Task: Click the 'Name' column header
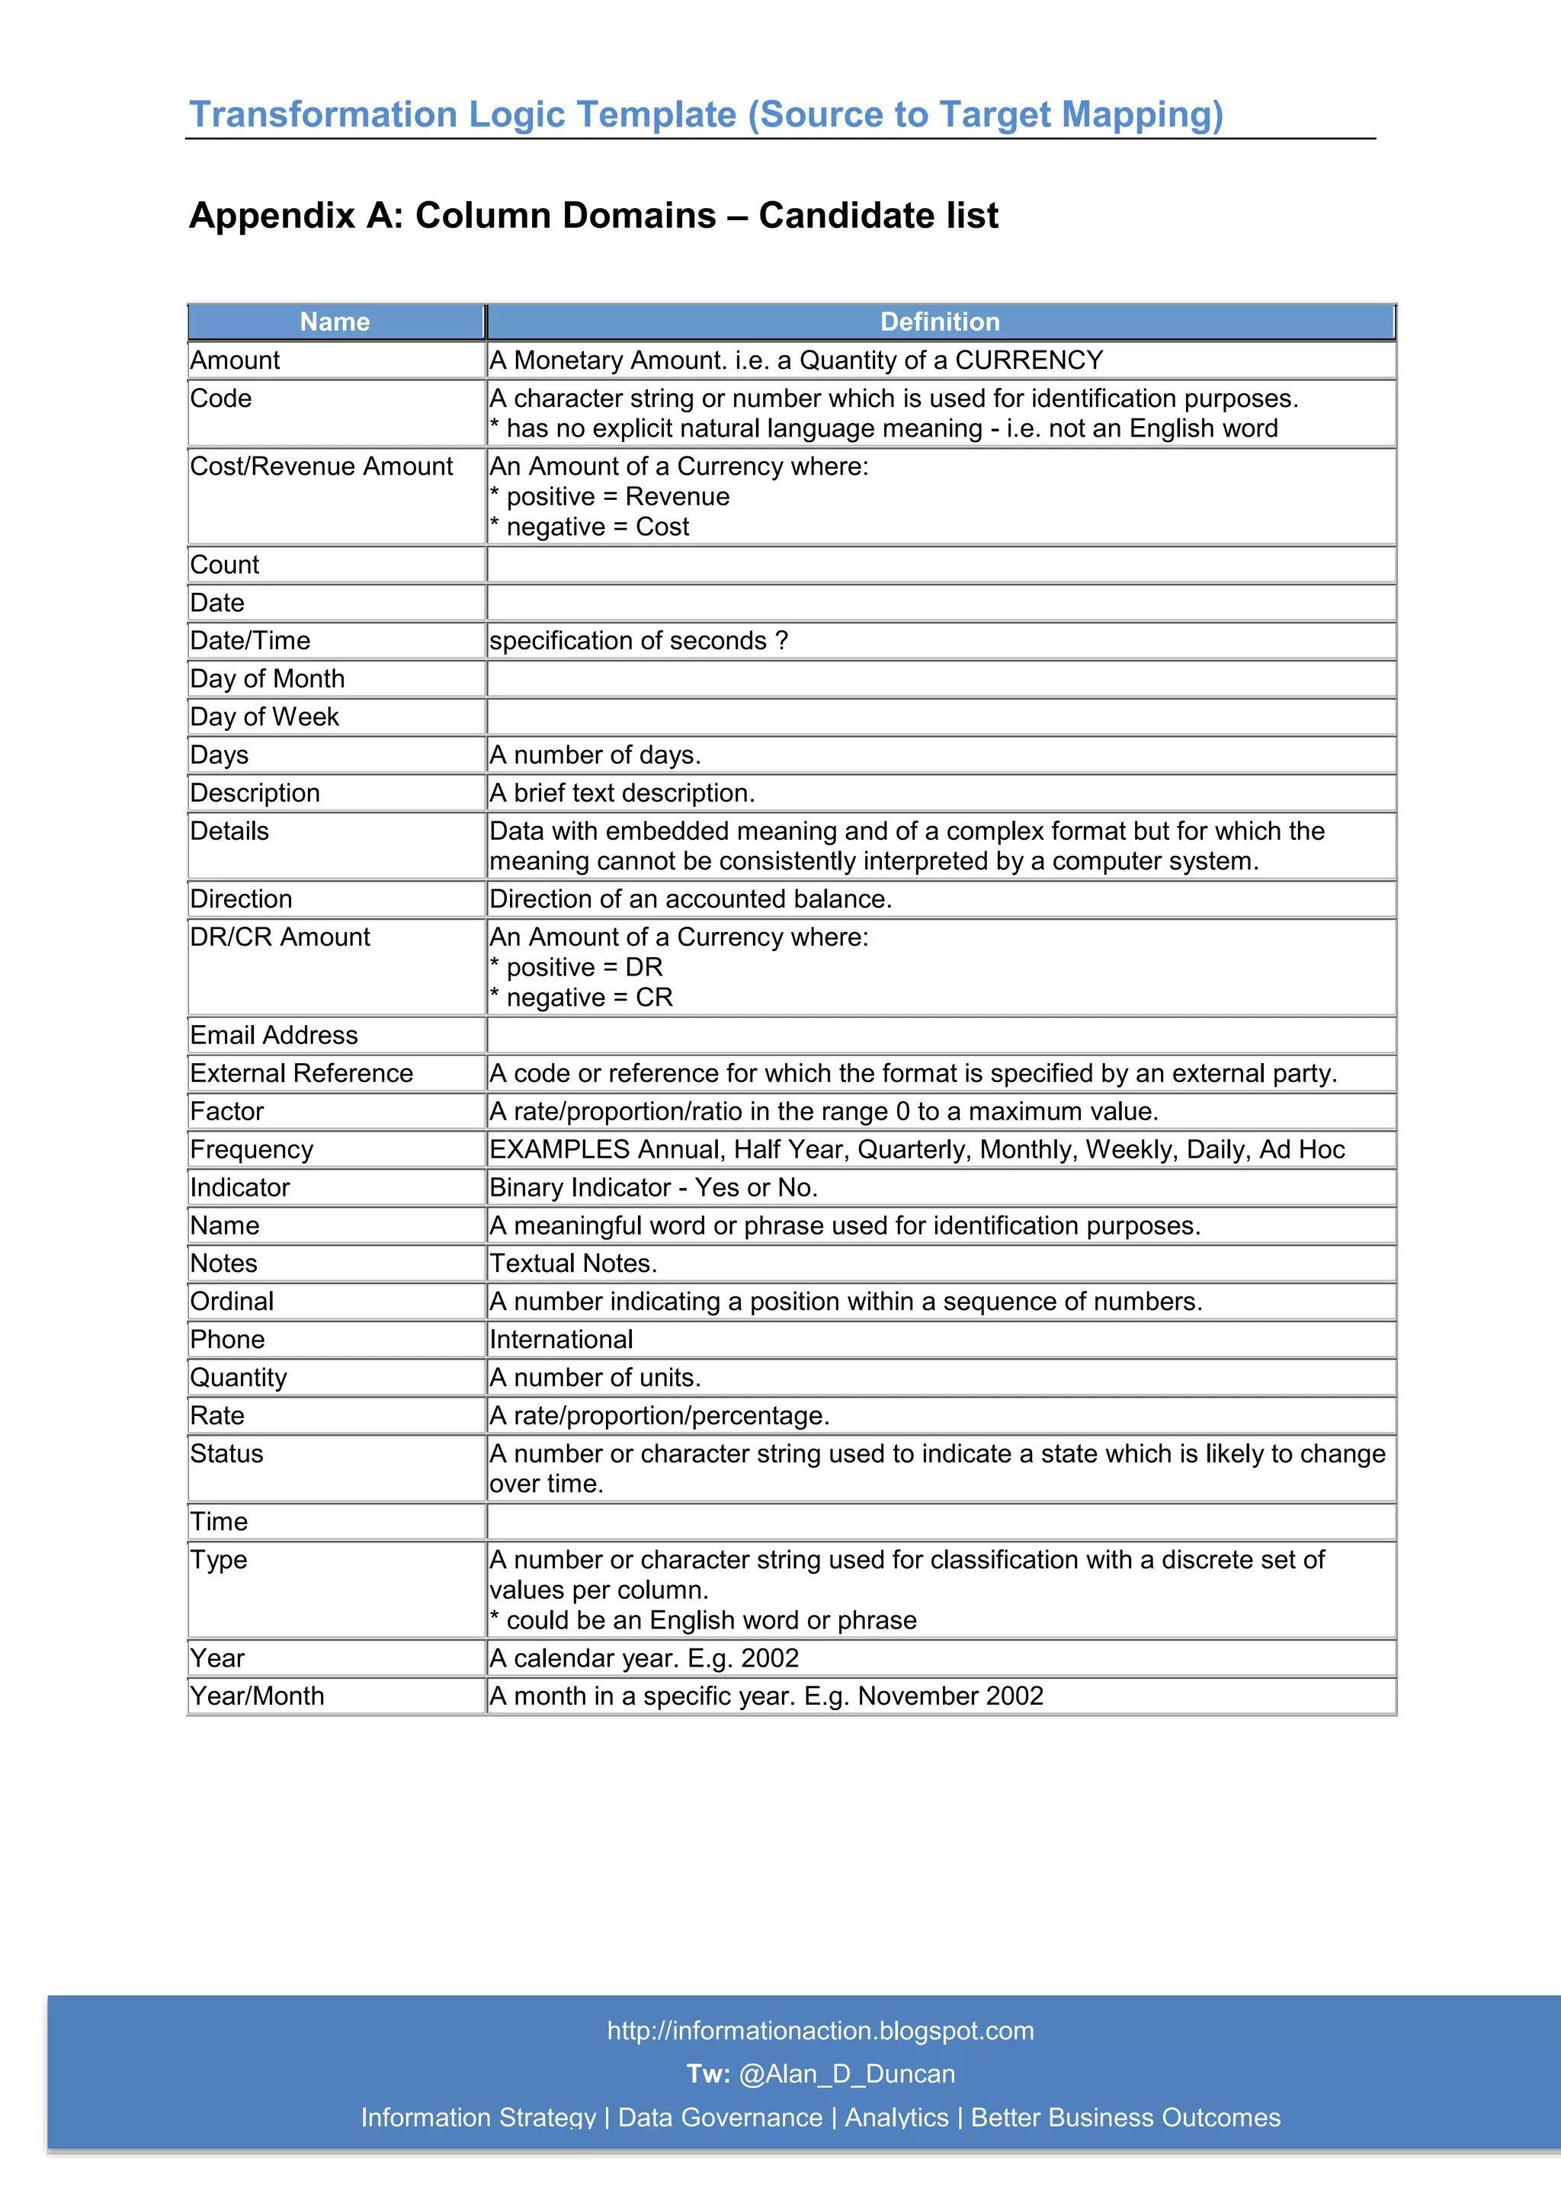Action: pos(335,322)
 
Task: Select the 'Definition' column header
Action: pos(939,322)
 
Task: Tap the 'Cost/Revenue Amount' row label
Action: pos(321,466)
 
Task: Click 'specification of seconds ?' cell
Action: pos(638,641)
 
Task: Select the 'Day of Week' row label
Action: pos(264,717)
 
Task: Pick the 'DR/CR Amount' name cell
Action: pos(280,937)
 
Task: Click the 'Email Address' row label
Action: pos(274,1035)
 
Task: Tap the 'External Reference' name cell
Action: pos(301,1074)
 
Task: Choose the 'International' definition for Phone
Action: pos(561,1340)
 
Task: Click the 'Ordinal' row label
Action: pos(232,1302)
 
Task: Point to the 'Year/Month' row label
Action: pos(257,1696)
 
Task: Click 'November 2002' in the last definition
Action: pos(950,1696)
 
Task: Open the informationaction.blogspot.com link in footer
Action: pos(820,2030)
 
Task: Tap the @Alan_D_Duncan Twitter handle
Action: pos(846,2074)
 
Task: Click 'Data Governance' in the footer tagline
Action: pos(720,2118)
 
